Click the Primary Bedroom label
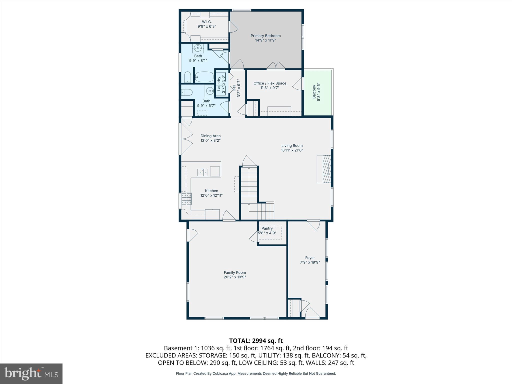point(265,36)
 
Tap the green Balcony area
point(318,92)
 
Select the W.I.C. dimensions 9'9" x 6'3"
point(206,26)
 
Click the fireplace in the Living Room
point(324,169)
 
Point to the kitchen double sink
point(202,172)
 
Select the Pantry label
point(267,228)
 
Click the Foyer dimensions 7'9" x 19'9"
point(310,262)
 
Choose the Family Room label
point(234,272)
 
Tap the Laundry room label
point(219,83)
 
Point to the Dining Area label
point(210,136)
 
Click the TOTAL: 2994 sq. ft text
point(256,341)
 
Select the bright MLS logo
point(31,373)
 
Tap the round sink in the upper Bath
point(198,47)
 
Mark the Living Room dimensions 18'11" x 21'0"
point(292,150)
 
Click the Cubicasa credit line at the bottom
point(256,373)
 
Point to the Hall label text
point(234,88)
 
